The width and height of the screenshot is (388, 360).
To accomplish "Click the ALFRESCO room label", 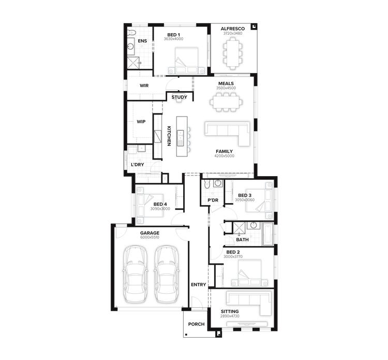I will click(232, 29).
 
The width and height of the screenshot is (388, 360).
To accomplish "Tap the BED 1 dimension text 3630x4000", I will click(173, 39).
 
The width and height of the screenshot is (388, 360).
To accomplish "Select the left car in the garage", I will click(135, 275).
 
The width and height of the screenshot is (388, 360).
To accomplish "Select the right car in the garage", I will click(166, 275).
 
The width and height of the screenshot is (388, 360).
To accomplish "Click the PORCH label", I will click(196, 324).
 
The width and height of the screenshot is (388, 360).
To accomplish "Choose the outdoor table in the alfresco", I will click(232, 52).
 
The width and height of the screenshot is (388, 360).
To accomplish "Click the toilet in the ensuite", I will click(131, 33).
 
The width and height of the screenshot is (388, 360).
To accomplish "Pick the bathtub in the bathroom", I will click(268, 234).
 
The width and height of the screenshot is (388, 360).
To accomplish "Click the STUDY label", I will click(179, 97).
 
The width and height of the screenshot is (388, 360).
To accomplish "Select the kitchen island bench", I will click(181, 136).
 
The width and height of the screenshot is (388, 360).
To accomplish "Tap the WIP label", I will click(141, 122).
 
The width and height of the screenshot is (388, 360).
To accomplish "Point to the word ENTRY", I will click(198, 284).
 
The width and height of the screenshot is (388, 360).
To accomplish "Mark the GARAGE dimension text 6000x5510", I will click(150, 237).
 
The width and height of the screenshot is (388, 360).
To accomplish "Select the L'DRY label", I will click(137, 165).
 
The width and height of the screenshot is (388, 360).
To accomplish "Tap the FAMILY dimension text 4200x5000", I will click(225, 155).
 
